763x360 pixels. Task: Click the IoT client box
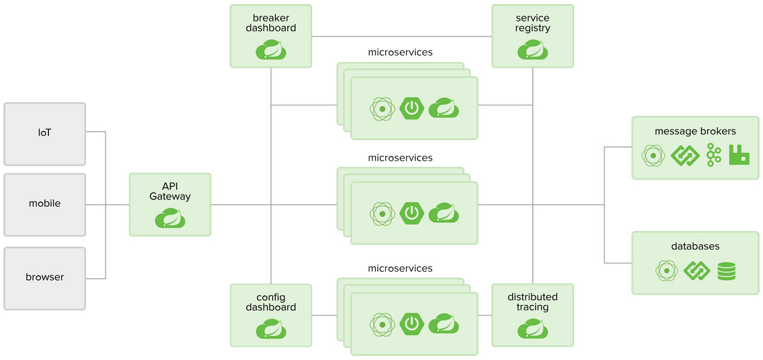45,134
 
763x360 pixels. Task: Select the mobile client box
45,204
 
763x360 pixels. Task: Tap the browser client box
45,277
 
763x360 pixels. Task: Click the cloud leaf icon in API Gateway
170,218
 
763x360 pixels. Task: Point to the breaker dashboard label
271,23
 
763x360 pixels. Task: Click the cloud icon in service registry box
533,50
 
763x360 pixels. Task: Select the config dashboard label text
271,302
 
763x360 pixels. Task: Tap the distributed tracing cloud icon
533,330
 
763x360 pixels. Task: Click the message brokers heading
695,131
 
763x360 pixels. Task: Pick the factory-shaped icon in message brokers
739,155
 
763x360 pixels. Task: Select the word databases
695,246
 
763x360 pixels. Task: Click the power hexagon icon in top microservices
412,108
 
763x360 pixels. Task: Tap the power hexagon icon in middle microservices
412,213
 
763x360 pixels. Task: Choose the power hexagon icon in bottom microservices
412,323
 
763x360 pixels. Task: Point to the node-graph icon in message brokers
713,155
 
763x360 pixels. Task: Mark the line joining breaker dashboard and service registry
402,36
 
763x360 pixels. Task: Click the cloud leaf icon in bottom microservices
444,323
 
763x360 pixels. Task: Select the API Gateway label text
170,191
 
